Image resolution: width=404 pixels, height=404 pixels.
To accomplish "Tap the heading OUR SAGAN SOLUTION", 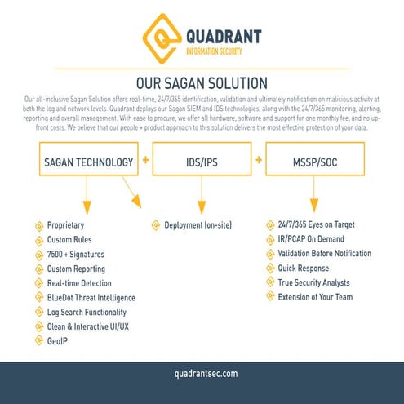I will [202, 83].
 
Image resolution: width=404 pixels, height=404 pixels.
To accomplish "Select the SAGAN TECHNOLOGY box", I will [87, 162].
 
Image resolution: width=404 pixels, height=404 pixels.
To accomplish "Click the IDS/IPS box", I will [202, 162].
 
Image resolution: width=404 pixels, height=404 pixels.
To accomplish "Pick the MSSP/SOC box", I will [315, 162].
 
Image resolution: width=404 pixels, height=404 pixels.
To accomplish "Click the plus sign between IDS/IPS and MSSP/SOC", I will [259, 160].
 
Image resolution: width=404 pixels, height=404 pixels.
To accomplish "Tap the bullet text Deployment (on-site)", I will [198, 224].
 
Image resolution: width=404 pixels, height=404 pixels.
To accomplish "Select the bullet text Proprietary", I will [66, 224].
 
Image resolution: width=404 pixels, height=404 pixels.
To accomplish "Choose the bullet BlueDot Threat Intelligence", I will [91, 298].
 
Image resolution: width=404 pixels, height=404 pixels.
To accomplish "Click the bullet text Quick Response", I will [303, 268].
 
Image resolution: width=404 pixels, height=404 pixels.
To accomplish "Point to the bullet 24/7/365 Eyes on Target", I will [316, 224].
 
